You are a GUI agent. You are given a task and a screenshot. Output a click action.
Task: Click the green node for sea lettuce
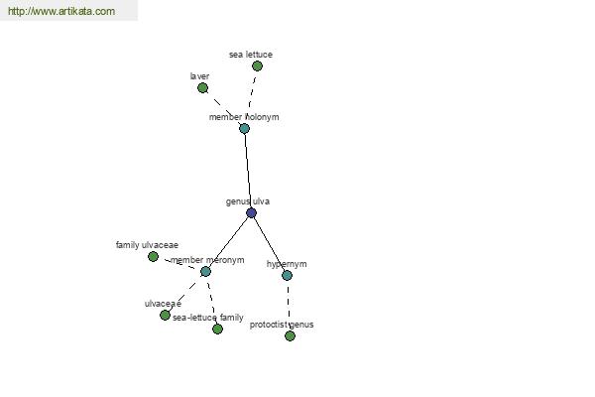click(257, 66)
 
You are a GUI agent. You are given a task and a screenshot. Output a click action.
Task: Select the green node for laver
click(202, 88)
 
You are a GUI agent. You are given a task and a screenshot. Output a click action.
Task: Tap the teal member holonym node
click(244, 128)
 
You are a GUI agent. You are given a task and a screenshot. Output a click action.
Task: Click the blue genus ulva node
click(251, 212)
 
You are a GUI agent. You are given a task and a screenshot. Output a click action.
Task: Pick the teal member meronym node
click(205, 271)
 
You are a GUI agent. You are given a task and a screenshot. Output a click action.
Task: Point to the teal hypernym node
click(288, 276)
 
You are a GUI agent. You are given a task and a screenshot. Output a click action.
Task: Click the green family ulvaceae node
click(153, 256)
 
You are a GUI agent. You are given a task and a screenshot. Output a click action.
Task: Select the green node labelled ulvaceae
click(165, 315)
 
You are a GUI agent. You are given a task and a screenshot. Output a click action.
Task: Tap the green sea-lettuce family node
click(217, 329)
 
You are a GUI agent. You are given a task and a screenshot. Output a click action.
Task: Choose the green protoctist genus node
click(290, 335)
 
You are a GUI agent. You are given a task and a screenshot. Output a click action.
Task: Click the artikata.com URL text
click(61, 11)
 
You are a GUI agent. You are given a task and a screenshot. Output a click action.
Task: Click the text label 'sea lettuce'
click(251, 55)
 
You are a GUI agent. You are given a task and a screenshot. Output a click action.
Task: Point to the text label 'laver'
click(199, 76)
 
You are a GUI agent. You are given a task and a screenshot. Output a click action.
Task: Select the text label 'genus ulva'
click(248, 201)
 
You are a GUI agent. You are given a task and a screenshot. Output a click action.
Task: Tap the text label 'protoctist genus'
click(282, 325)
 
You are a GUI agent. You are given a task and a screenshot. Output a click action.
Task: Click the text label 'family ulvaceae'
click(147, 245)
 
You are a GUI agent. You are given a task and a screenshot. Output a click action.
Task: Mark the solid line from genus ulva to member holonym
click(248, 171)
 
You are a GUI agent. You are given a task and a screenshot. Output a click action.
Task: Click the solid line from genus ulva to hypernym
click(270, 244)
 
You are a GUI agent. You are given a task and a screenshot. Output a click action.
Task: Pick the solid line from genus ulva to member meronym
click(228, 242)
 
